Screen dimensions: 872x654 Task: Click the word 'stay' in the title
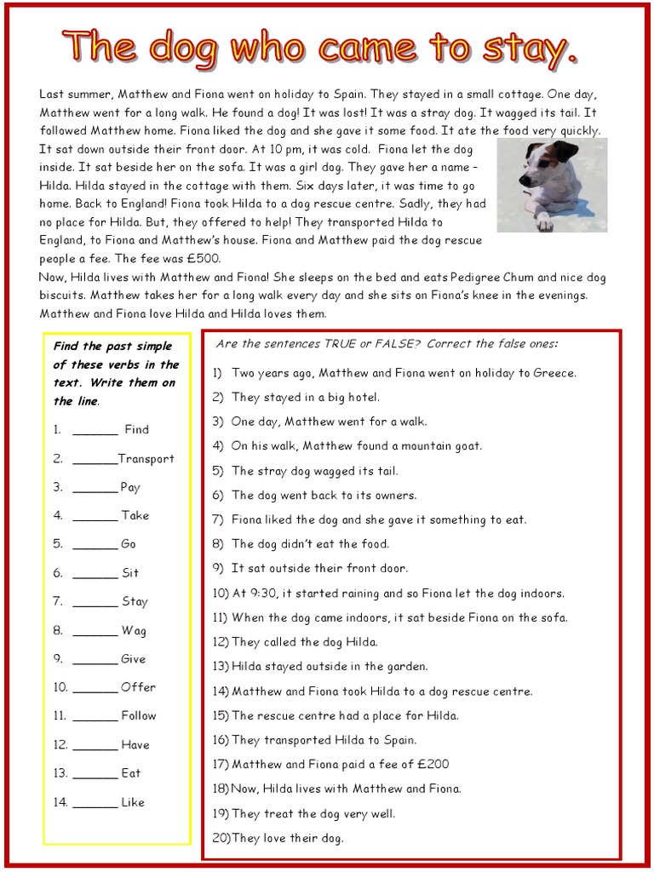coord(533,49)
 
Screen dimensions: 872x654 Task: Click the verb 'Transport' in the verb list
coord(146,458)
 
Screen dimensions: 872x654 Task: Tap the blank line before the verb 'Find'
coord(95,430)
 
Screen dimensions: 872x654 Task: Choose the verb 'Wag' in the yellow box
coord(134,630)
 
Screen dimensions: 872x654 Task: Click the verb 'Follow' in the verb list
coord(138,716)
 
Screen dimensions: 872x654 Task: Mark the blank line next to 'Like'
coord(95,802)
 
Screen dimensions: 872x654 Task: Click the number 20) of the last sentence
coord(221,839)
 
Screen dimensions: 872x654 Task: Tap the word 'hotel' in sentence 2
coord(363,397)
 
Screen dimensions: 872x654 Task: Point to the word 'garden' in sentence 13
coord(407,667)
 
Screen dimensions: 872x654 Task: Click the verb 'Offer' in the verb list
coord(138,687)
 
